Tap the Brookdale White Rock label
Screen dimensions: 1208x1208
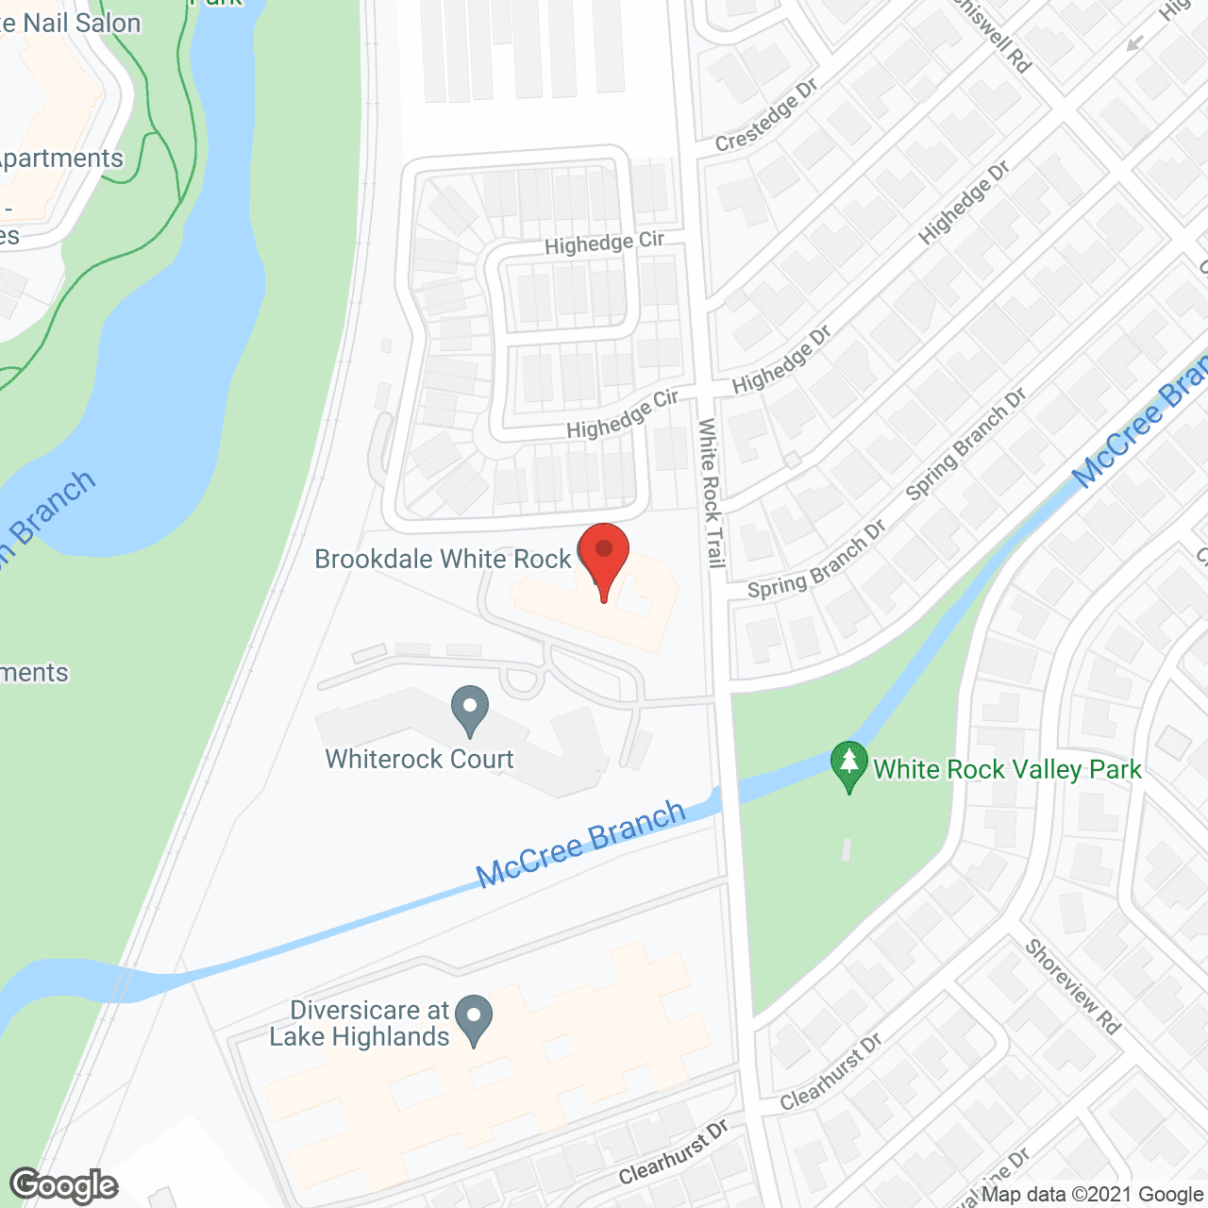tap(443, 559)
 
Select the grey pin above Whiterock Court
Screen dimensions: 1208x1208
tap(469, 710)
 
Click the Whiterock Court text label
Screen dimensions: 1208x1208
tap(419, 759)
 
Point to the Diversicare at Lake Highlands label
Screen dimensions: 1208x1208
tap(360, 1023)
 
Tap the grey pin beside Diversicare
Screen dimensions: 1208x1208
tap(474, 1020)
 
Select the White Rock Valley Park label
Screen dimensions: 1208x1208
tap(1007, 769)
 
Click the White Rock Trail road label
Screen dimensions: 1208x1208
tap(711, 494)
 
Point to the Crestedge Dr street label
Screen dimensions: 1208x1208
tap(765, 116)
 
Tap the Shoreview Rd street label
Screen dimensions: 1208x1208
tap(1072, 986)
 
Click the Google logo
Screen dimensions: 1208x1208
tap(64, 1184)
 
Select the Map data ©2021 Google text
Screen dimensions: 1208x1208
tap(1092, 1194)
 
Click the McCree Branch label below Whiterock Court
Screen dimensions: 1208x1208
tap(580, 843)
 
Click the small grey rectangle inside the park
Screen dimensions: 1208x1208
tap(847, 849)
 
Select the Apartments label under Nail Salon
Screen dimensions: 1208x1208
tap(61, 159)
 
